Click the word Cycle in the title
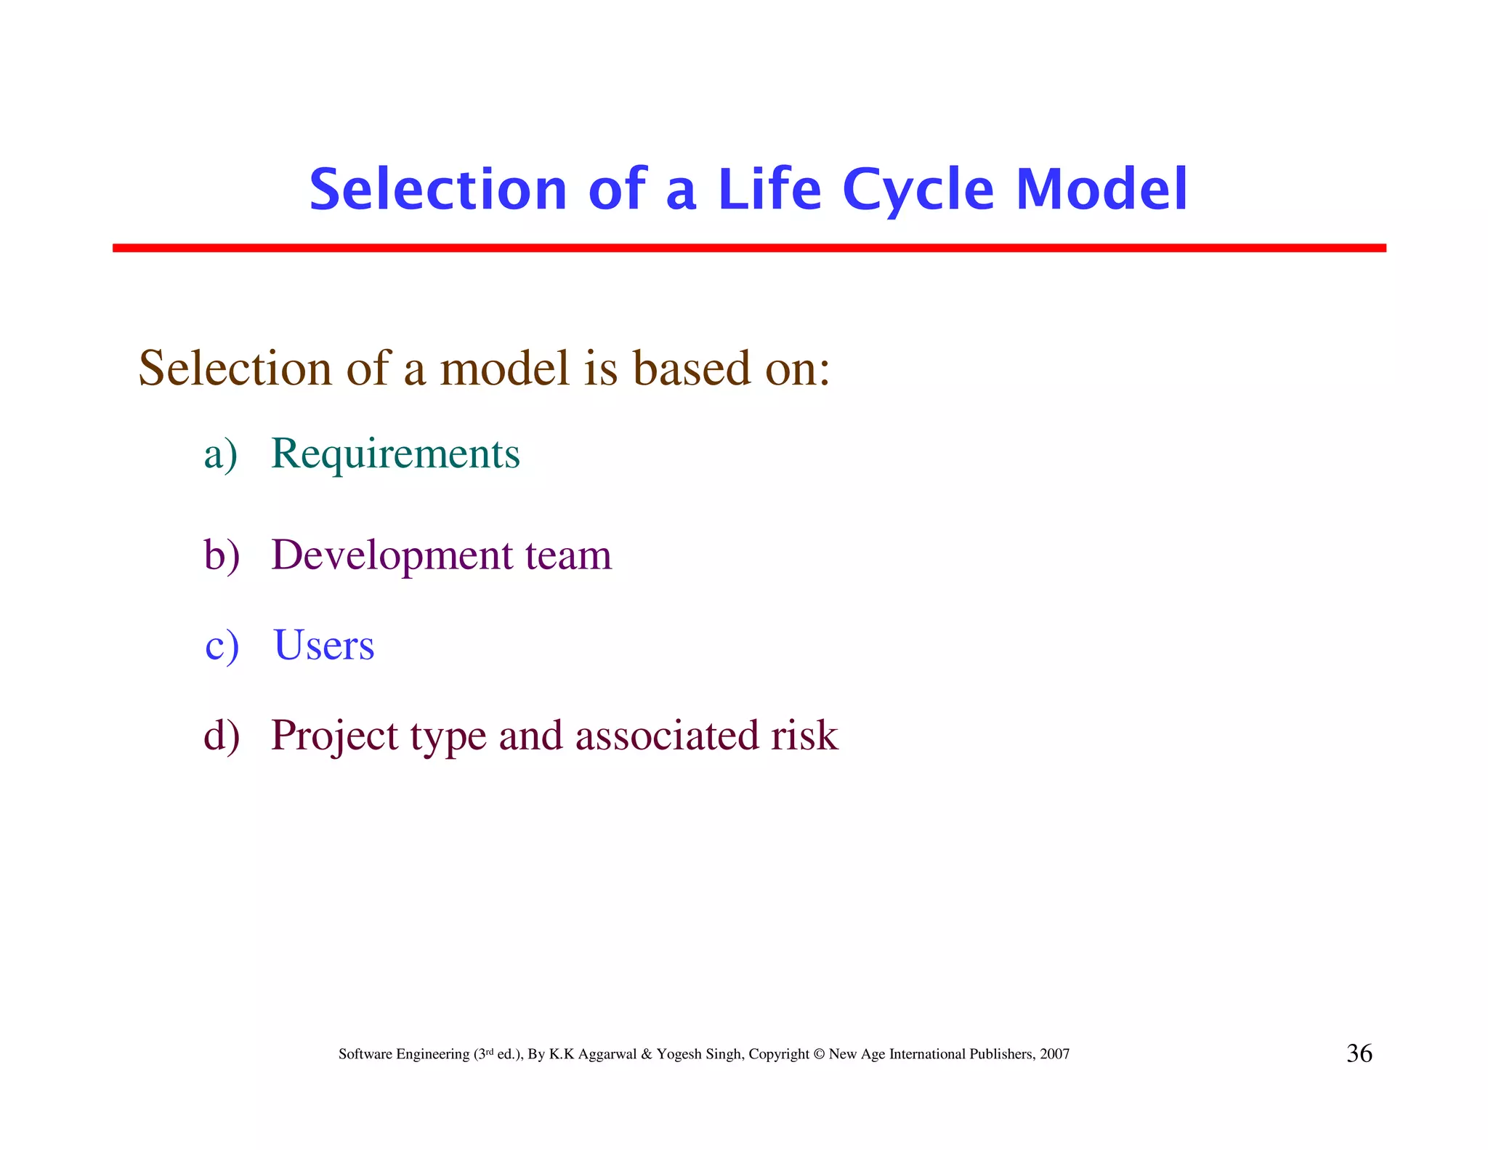(918, 190)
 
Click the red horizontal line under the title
(748, 248)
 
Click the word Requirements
(395, 454)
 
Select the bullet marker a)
(220, 455)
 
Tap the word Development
(392, 556)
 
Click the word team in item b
(568, 556)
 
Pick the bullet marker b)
(222, 556)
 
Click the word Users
(324, 646)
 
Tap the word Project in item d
(335, 736)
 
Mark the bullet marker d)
(222, 736)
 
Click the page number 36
(1359, 1053)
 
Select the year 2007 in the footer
(1054, 1054)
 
